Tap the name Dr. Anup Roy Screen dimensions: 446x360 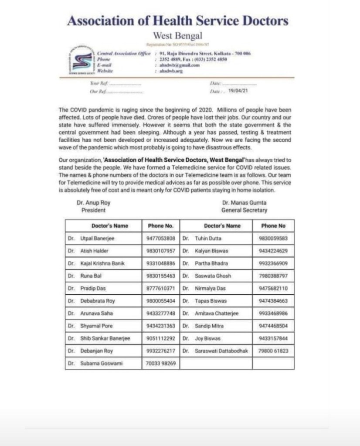[93, 203]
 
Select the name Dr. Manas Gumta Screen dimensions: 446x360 [244, 203]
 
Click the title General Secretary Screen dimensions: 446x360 [244, 210]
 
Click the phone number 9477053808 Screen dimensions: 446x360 [160, 238]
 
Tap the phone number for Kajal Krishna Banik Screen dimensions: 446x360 [160, 263]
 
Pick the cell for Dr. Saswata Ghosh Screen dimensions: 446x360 [213, 276]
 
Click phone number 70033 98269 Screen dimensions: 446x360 [160, 363]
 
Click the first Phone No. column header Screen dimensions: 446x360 [160, 226]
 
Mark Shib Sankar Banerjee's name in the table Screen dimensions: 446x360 [105, 338]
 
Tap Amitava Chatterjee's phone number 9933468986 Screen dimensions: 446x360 [272, 313]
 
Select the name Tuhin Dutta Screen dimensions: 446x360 [208, 238]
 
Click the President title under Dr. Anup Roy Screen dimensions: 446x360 [93, 210]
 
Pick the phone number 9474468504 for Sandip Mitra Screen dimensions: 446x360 [272, 326]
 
